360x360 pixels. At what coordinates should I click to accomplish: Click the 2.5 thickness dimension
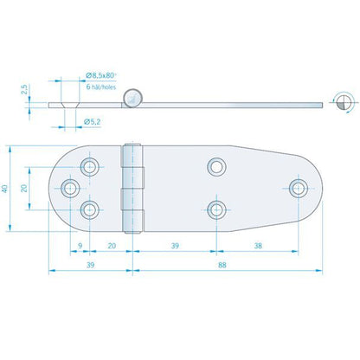[x=28, y=89]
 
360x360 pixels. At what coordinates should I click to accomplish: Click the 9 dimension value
[x=80, y=246]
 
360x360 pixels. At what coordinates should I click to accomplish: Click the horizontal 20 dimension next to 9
[x=111, y=246]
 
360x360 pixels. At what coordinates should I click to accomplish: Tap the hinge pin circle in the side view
[x=132, y=98]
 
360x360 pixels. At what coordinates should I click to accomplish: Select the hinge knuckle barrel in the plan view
[x=132, y=188]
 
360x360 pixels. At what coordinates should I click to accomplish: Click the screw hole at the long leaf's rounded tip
[x=299, y=187]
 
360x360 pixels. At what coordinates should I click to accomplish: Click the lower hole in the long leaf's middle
[x=215, y=209]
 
